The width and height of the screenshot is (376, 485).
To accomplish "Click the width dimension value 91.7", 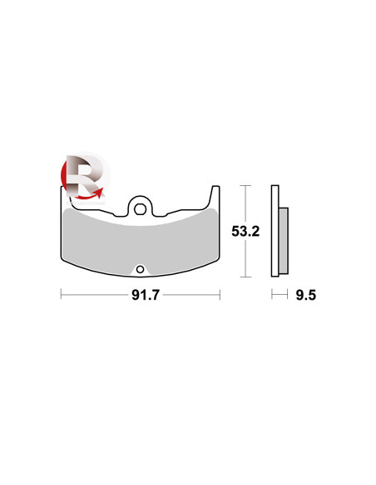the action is click(x=146, y=295).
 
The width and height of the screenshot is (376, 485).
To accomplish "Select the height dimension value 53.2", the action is click(x=245, y=231).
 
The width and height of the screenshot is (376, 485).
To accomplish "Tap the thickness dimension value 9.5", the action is click(x=305, y=295).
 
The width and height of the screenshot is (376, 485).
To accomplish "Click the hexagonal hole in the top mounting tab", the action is click(x=140, y=209).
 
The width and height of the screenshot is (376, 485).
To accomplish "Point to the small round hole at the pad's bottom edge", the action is click(x=140, y=269).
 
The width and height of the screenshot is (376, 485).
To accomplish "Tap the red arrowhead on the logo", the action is click(x=99, y=193).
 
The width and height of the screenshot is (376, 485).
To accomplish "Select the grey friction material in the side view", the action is click(x=283, y=241).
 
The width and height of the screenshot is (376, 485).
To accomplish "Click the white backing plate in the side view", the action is click(x=275, y=231).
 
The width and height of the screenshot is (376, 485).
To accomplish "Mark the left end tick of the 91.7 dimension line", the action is click(x=61, y=295).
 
